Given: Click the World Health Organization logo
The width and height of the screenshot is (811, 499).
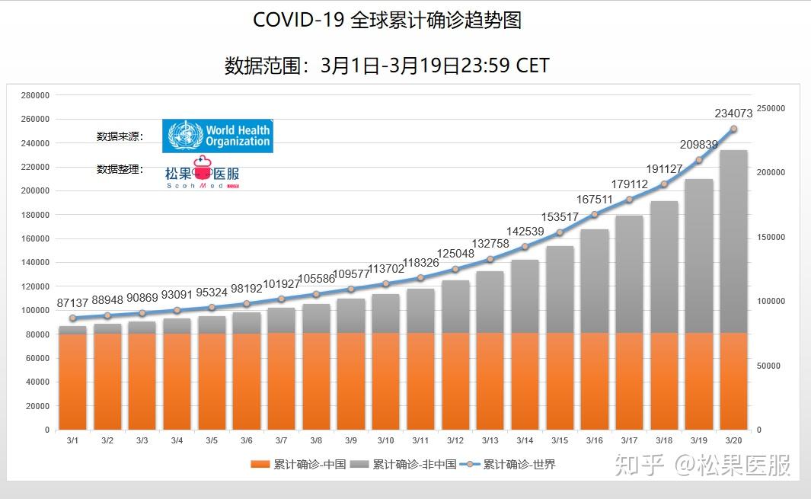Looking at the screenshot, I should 219,136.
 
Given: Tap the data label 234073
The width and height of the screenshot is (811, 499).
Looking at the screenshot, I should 733,114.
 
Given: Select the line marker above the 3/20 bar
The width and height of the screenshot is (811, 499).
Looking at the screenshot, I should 733,129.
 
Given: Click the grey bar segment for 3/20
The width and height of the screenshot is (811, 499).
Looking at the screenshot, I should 733,241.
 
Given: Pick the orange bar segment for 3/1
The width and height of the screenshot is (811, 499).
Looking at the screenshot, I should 73,381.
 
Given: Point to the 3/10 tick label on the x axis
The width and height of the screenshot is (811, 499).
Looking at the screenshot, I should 385,440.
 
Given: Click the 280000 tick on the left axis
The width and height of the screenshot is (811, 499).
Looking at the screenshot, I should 36,95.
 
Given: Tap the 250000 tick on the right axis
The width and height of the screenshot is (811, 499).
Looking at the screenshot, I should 770,109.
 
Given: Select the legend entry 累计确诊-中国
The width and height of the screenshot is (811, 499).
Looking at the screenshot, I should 299,464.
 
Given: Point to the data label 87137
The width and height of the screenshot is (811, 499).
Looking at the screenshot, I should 73,303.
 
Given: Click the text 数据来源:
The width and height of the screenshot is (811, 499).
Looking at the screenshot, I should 120,136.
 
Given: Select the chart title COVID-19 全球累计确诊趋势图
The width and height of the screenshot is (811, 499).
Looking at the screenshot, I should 387,20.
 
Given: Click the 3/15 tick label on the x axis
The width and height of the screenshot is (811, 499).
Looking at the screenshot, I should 560,440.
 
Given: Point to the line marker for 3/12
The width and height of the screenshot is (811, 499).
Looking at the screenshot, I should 455,269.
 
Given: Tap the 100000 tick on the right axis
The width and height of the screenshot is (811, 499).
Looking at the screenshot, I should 770,302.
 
